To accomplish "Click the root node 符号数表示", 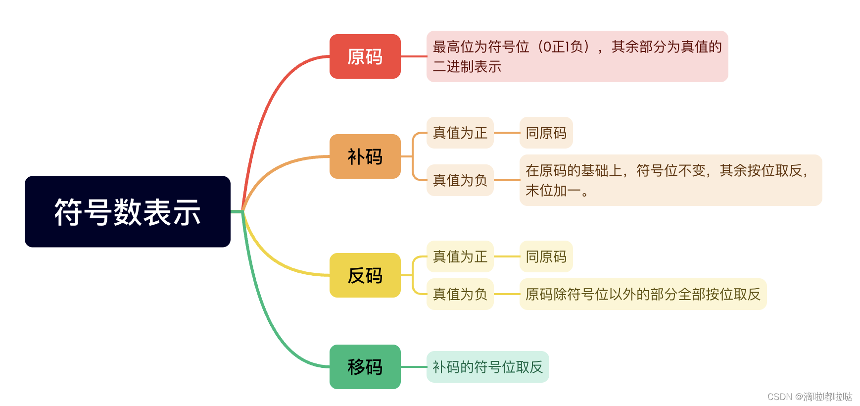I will coord(128,212).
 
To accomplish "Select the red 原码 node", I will coord(365,56).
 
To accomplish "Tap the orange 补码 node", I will coord(365,156).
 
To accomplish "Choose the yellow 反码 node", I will coord(365,275).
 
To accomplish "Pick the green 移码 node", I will coord(365,367).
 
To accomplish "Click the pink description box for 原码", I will coord(577,56).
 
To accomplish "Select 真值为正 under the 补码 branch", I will coord(460,133).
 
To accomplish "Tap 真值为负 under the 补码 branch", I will coord(460,180).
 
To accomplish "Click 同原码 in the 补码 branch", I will coord(546,133).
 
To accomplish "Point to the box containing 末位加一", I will coord(670,180).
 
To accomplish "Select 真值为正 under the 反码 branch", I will coord(460,256).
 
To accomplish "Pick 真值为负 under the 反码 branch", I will coord(460,294).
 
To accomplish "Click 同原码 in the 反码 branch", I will coord(546,256).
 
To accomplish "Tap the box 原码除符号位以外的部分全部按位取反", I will coord(643,294).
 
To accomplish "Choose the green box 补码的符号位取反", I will coord(488,367).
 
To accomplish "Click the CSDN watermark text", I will coord(810,397).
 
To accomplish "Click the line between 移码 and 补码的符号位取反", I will coord(414,367).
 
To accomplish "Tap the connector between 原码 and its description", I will coord(414,56).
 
